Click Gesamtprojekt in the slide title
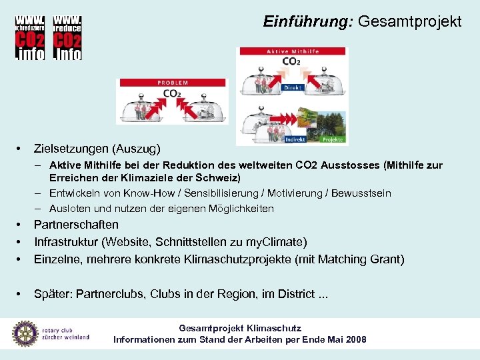tap(409, 22)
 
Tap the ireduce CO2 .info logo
tap(67, 37)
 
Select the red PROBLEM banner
tap(172, 83)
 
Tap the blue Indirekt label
tap(294, 139)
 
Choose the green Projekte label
tap(333, 139)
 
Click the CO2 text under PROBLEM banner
tap(172, 93)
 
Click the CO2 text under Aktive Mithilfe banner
tap(291, 61)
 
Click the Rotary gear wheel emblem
tap(25, 333)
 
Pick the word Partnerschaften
tap(76, 225)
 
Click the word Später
tap(51, 294)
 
